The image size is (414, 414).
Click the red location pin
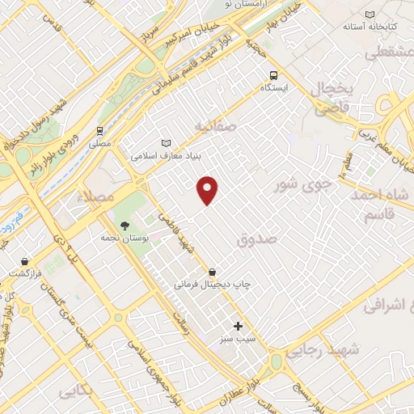[209, 189]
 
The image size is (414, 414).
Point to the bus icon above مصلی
[99, 129]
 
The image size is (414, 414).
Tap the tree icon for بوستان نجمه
[125, 226]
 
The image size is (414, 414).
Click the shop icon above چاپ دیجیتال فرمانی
[213, 272]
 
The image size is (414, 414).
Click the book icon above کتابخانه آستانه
[370, 15]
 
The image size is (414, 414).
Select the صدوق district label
[258, 239]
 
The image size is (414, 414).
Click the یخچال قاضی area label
[331, 96]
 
